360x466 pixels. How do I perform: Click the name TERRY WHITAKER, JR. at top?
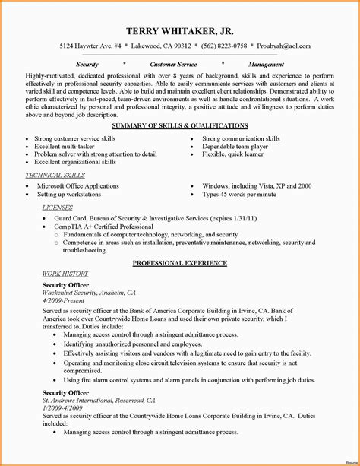coord(180,31)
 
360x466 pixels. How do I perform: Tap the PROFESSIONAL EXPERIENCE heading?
coord(179,262)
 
